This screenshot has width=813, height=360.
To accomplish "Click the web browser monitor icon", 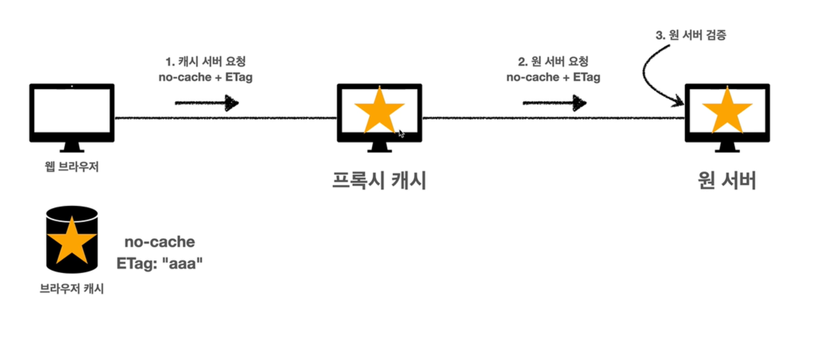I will point(72,113).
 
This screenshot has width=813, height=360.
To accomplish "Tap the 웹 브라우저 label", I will point(72,167).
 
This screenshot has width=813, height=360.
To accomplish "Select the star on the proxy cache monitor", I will point(379,111).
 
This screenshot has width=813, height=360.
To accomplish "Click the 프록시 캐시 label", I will point(379,180).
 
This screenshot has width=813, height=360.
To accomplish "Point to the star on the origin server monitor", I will point(727,111).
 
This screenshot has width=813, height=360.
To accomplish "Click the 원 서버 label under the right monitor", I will point(727,180).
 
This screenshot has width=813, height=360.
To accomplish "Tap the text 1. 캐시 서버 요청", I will point(205,61).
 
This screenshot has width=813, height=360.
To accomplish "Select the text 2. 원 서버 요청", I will point(553,61).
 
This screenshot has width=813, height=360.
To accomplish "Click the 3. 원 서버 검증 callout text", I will point(691,35).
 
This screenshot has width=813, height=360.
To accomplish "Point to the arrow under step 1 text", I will point(206,103).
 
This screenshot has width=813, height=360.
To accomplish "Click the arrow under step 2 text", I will point(554,103).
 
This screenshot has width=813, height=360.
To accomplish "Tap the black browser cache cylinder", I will point(72,240).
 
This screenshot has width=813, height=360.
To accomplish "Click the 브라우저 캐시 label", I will point(72,289).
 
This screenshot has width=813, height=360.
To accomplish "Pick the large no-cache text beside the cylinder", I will point(160,241).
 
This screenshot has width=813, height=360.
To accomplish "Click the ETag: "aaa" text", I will point(160,263).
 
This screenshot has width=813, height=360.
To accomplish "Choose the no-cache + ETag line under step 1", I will point(205,77).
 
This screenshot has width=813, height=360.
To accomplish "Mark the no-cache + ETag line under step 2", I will point(553,77).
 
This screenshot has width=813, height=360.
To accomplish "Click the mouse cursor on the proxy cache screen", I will point(401,134).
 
